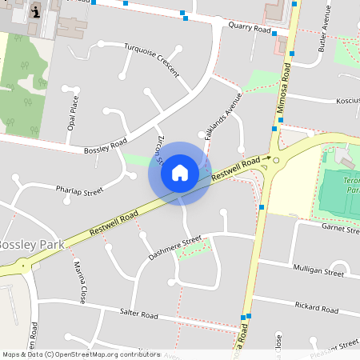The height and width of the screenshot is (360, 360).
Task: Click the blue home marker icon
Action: (179, 172)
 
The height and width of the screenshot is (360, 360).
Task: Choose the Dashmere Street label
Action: (175, 248)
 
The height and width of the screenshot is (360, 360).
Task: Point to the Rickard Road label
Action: (317, 306)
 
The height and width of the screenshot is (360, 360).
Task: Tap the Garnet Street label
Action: (340, 229)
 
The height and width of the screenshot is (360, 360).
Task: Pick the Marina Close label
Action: (80, 282)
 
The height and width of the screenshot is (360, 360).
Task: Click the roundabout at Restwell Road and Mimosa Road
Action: (276, 160)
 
